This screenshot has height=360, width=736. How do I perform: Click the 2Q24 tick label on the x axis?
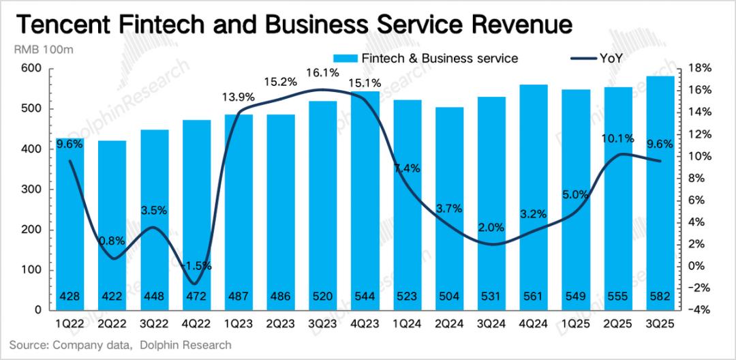pos(449,320)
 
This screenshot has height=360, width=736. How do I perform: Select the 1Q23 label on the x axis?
pos(239,320)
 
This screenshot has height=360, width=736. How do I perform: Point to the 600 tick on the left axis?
pos(31,68)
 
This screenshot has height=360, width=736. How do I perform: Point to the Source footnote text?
pos(121,345)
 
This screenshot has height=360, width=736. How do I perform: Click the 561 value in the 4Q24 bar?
pos(534,297)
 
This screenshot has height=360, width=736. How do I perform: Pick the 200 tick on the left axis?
pos(31,230)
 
